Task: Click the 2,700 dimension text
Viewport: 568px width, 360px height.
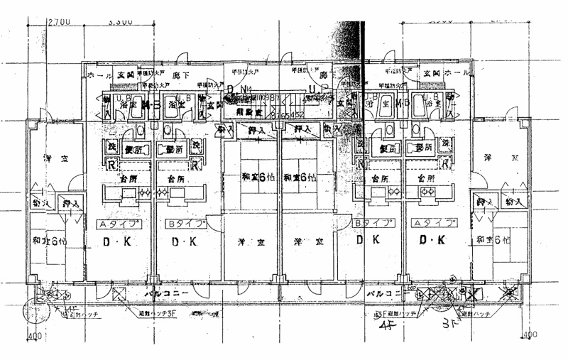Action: (59, 22)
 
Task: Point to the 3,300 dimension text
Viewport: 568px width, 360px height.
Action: (121, 22)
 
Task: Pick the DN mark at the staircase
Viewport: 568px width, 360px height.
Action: (236, 89)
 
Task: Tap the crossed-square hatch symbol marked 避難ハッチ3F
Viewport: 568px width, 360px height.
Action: (119, 293)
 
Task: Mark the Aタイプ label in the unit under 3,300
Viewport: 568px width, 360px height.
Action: (118, 223)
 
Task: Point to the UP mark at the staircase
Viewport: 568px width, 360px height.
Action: (317, 89)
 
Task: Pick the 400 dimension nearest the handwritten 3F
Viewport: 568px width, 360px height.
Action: (528, 334)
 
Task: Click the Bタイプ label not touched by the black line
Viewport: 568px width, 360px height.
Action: (185, 223)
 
